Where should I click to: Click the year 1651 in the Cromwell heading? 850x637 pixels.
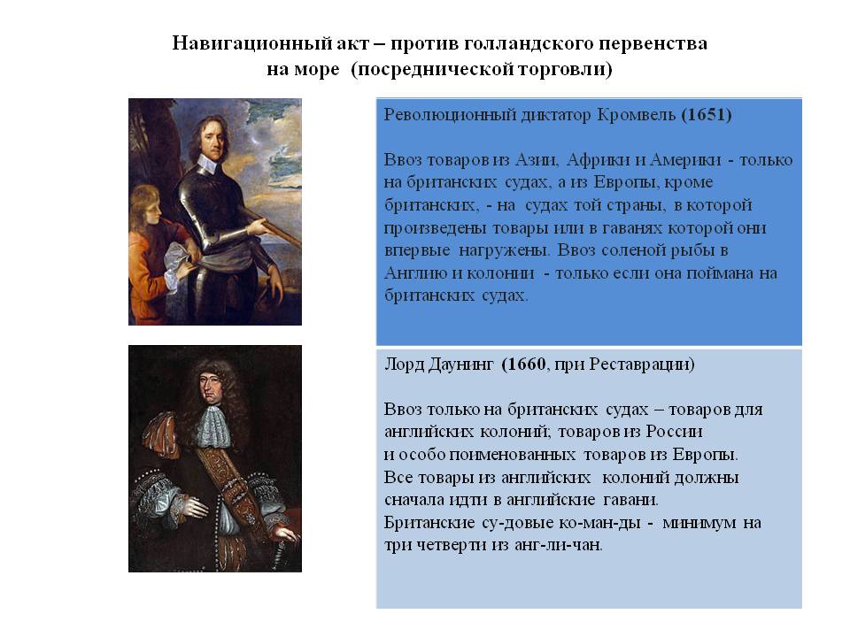pyautogui.click(x=707, y=115)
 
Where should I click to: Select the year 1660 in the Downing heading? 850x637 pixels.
pyautogui.click(x=523, y=364)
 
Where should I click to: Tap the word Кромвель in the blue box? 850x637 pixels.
pyautogui.click(x=636, y=115)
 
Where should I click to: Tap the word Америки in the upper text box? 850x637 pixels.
pyautogui.click(x=685, y=160)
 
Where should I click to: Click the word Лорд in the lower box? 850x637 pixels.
pyautogui.click(x=404, y=365)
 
